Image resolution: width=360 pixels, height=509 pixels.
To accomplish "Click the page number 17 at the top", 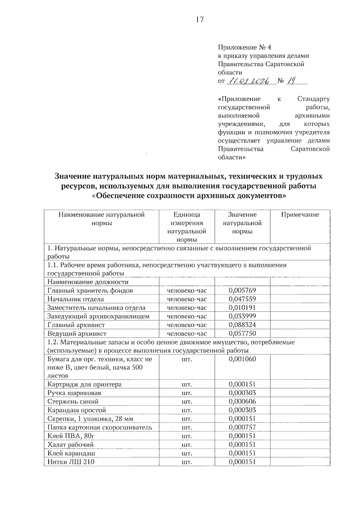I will pos(200,20).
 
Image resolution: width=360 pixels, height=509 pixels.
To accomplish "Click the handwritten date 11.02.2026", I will pos(248,81).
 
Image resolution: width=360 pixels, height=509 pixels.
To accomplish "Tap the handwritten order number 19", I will pos(290,80).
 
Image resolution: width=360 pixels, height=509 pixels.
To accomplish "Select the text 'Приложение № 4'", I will pos(244,47).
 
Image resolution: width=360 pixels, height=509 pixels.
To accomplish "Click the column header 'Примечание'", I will pos(300,215).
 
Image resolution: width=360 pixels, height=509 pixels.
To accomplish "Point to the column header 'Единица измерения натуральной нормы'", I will pos(187,227).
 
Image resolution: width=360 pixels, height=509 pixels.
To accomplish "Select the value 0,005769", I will pos(242,290).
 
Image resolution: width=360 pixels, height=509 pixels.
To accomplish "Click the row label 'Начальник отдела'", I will pos(76,299).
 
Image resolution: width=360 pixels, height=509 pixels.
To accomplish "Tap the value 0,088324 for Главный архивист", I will pos(242,325).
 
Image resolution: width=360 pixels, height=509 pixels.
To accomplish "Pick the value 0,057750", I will pos(242,333).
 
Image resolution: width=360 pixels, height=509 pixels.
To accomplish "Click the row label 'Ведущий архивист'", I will pos(77,334).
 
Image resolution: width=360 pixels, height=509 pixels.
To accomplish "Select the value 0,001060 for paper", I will pos(242,359).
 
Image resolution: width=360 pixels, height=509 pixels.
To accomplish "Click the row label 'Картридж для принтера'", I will pos(85,385).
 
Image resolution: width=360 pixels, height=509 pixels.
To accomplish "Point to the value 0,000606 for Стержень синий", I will pos(242,402).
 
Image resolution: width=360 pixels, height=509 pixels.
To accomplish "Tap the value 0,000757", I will pos(242,427).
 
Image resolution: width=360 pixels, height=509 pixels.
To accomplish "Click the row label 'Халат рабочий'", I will pos(70,445).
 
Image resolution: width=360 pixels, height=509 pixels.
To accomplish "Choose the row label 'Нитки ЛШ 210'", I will pos(71,462).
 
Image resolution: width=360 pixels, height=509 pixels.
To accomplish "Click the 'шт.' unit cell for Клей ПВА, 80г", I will pos(187,436).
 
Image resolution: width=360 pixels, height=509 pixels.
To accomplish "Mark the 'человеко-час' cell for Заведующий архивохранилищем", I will pos(187,316).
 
